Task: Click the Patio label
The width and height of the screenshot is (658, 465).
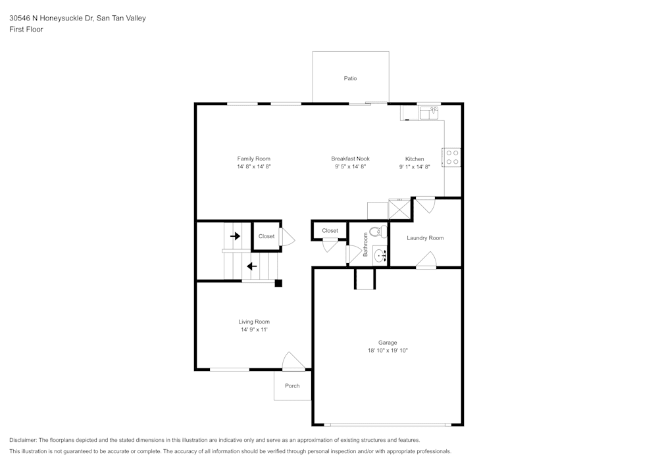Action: coord(350,78)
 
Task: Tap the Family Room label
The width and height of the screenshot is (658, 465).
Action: coord(253,159)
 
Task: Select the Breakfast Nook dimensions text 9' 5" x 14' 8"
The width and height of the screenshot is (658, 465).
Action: coord(350,167)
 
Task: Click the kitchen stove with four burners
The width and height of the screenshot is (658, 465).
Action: coord(452,157)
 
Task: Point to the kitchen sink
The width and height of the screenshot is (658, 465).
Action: coord(429,114)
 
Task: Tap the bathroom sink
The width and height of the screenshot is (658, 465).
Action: coord(380,255)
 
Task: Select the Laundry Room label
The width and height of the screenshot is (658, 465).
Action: coord(425,238)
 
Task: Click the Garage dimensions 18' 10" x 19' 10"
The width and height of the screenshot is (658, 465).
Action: coord(388,351)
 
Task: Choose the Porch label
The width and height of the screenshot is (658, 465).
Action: coord(292,385)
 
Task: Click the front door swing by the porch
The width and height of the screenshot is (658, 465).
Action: coord(292,362)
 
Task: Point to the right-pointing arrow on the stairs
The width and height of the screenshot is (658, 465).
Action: coord(235,236)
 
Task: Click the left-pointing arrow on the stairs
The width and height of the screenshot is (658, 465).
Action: coord(251,266)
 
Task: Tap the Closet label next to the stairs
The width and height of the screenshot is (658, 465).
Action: coord(266,236)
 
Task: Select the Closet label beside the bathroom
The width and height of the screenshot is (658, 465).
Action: coord(330,231)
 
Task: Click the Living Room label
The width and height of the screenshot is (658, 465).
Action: coord(254,322)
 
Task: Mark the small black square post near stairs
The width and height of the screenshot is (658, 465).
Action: coord(278,283)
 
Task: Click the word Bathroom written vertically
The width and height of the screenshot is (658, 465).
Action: coord(366,244)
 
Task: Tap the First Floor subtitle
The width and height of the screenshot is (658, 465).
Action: coord(26,30)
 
